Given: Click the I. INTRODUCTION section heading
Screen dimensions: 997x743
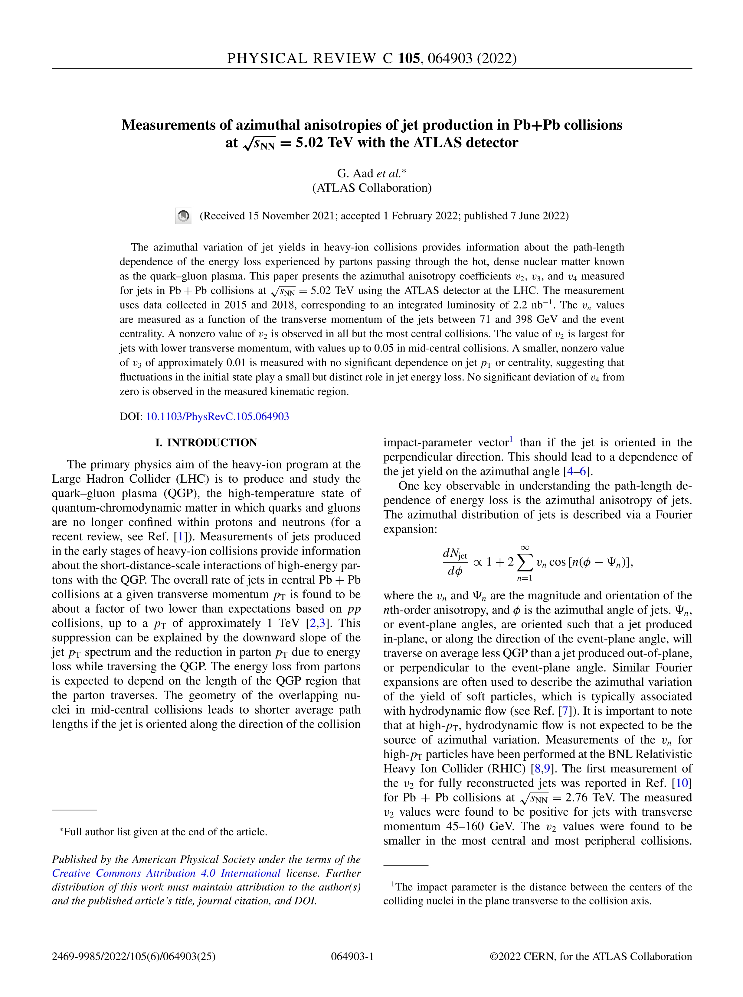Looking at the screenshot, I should click(206, 442).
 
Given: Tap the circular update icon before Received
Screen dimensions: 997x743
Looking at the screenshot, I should click(183, 216).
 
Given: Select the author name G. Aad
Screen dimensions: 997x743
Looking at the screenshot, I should click(355, 173).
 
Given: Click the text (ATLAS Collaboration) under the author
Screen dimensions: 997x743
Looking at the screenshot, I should click(372, 188).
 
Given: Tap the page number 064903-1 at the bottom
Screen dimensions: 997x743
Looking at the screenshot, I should click(352, 956).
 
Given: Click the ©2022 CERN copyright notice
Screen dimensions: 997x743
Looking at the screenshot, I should click(590, 956).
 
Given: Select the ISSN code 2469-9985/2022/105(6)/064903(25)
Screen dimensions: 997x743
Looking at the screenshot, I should click(134, 956).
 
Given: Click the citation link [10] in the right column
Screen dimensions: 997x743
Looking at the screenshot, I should click(682, 783).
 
